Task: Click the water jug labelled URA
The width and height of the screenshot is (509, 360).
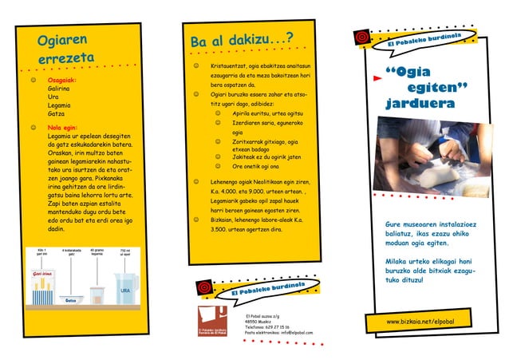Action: [124, 288]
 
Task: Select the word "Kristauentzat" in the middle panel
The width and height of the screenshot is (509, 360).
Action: [229, 65]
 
